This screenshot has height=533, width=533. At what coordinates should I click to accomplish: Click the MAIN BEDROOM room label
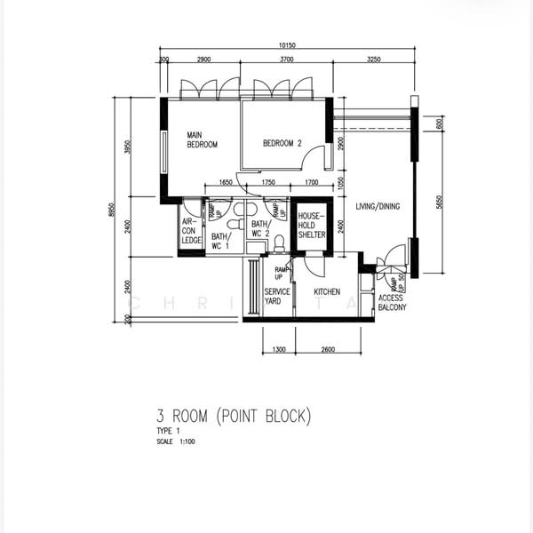[x=202, y=139]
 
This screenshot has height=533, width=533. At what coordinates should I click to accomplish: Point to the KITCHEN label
[x=328, y=291]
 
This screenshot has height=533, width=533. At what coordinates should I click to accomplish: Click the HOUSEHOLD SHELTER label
[x=311, y=226]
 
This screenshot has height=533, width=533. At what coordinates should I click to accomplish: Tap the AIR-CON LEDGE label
[x=191, y=231]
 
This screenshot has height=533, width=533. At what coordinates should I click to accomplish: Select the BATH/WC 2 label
[x=259, y=229]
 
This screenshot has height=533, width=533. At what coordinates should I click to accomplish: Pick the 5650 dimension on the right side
[x=439, y=203]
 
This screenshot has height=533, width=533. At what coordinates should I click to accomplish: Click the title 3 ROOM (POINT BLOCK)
[x=234, y=416]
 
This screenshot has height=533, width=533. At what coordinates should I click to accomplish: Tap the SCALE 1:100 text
[x=174, y=441]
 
